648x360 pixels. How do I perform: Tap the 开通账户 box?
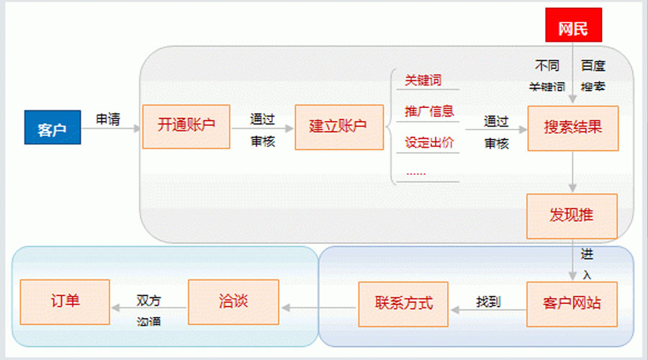point(186,127)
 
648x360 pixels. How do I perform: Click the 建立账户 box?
point(338,127)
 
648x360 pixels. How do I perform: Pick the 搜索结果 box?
point(572,128)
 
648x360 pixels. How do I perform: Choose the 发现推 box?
point(572,216)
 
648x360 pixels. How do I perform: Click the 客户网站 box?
point(572,302)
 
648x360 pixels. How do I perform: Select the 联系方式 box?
point(403,302)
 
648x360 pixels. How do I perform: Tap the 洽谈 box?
point(233,301)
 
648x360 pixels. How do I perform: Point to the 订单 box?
point(65,301)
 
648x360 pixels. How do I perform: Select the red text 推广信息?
point(429,111)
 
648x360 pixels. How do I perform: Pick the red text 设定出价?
point(429,142)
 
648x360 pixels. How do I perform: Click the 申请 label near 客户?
point(108,119)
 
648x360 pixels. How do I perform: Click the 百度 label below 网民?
point(593,66)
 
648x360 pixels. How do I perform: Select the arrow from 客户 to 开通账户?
point(112,130)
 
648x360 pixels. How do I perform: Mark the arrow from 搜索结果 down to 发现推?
point(573,172)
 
